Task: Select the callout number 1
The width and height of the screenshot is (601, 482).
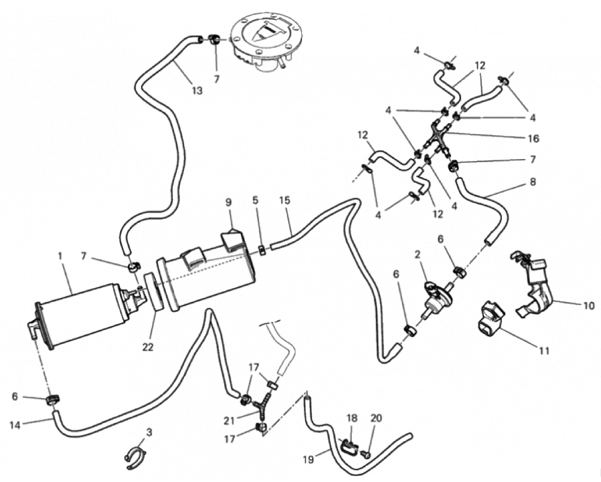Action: point(61,256)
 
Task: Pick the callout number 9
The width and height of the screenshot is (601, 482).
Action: point(228,202)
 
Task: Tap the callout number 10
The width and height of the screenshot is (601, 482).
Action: point(588,306)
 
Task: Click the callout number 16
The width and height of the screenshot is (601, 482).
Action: point(534,139)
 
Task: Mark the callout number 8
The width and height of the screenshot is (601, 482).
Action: point(533,181)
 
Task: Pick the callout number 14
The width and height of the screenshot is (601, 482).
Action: point(16,425)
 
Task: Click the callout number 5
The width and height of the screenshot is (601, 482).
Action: point(256,202)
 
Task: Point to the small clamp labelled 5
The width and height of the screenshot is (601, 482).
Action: point(262,250)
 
